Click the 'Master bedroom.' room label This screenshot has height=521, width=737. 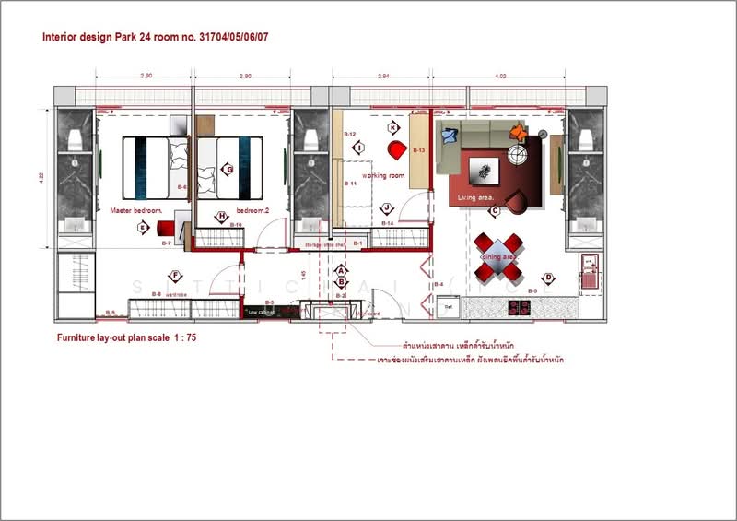(x=135, y=210)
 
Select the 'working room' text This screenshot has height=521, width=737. (x=383, y=175)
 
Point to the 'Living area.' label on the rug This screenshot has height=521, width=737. (x=476, y=196)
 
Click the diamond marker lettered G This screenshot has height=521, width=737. (x=228, y=170)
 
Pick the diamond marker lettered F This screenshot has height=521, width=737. (x=174, y=275)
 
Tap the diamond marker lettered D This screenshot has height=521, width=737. (x=547, y=278)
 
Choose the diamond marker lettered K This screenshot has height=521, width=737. (x=393, y=127)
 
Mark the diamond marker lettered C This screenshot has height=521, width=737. (x=495, y=211)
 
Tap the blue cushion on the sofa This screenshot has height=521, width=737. (x=449, y=136)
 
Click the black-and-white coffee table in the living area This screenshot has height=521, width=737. (x=482, y=170)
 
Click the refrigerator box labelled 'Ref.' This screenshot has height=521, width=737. (x=450, y=305)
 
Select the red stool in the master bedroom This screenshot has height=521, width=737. (x=166, y=228)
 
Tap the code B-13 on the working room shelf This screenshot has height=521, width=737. (x=418, y=149)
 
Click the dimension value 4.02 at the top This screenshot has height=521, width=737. (x=500, y=77)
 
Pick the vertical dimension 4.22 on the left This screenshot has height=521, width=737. (x=42, y=178)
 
